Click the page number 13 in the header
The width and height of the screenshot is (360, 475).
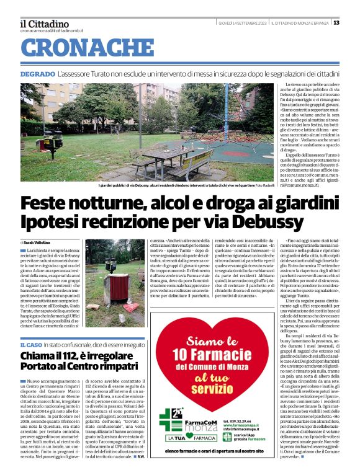336,23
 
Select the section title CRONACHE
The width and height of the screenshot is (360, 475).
83,48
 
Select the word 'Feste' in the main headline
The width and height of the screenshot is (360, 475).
52,203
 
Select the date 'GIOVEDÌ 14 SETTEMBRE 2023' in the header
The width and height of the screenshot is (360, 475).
243,23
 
